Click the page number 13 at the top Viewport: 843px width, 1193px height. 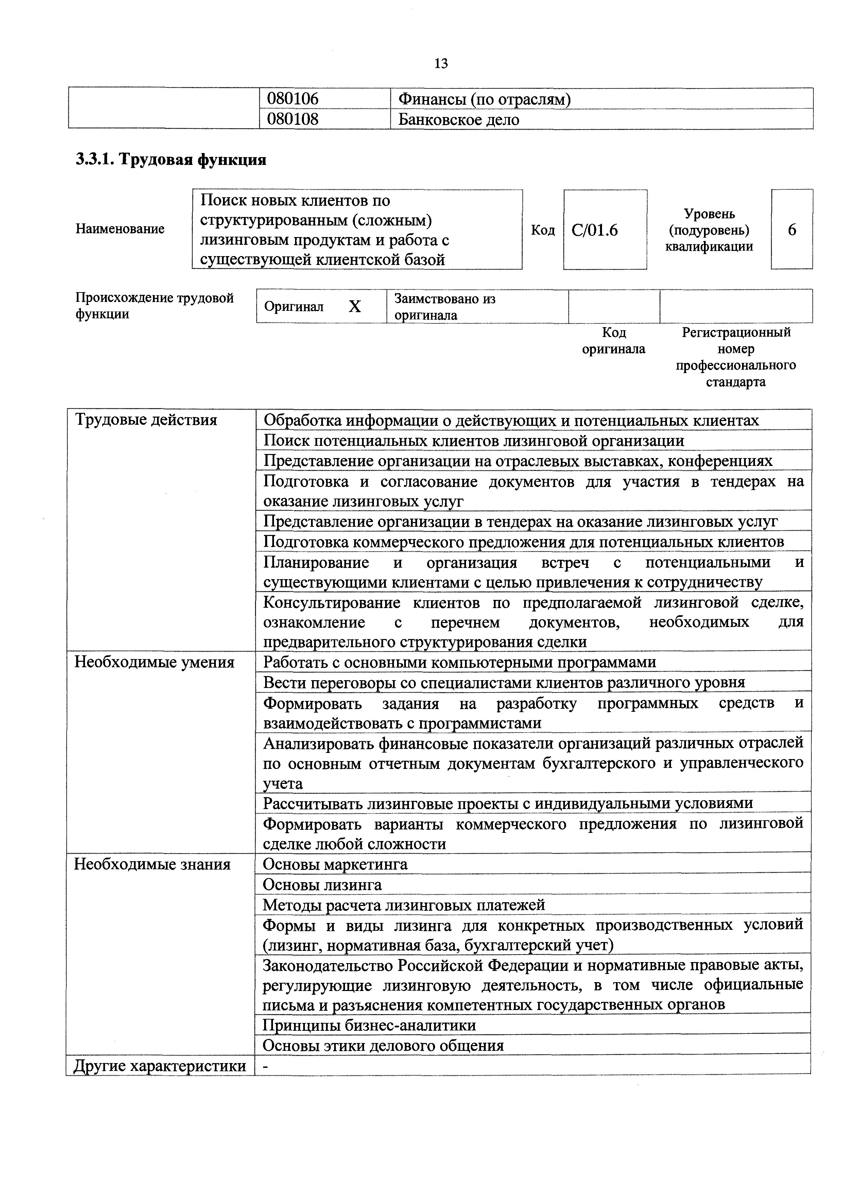point(441,64)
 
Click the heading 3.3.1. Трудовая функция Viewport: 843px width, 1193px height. point(171,159)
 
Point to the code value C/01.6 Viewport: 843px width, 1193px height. point(595,230)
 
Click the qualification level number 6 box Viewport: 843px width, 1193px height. point(792,230)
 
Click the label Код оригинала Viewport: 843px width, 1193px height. point(614,341)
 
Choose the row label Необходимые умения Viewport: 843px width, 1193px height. point(154,662)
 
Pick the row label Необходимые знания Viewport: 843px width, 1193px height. point(152,864)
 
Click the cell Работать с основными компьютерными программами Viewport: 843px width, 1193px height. point(460,662)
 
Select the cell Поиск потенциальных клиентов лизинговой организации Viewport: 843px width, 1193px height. point(474,441)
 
